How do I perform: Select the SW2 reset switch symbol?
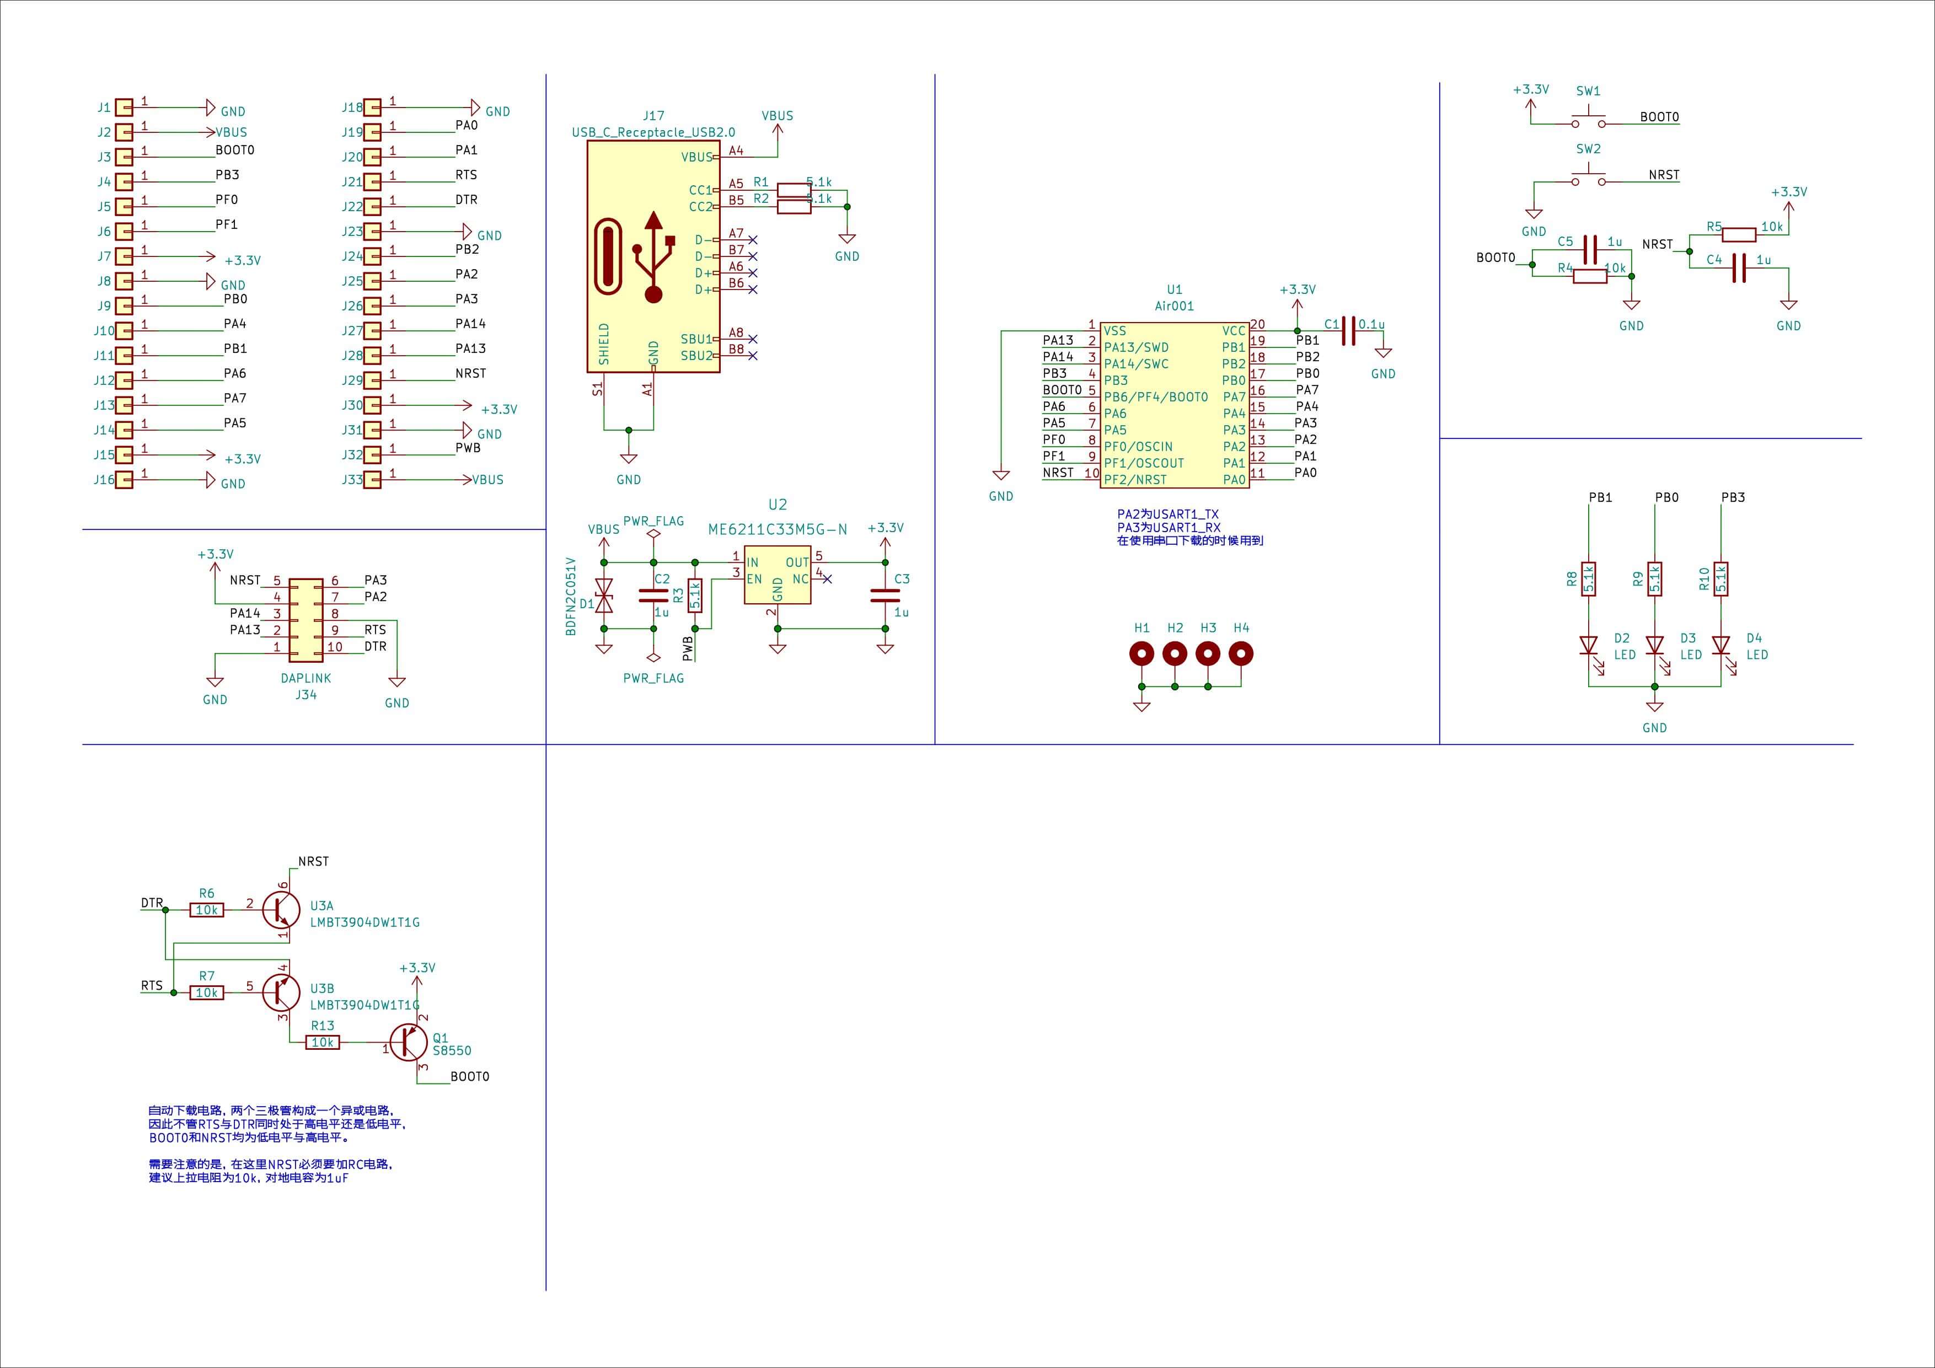coord(1589,179)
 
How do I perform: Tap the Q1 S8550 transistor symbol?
coord(409,1043)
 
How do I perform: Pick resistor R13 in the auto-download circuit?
coord(323,1043)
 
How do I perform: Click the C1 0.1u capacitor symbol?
coord(1348,330)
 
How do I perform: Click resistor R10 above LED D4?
coord(1721,579)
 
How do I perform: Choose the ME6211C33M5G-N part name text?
coord(777,529)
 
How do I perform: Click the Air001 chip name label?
coord(1174,306)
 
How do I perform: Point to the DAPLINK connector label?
coord(306,678)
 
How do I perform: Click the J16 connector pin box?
coord(124,480)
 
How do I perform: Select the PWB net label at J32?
coord(468,448)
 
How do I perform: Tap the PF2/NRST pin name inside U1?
coord(1135,480)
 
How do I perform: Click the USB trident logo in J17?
coord(653,256)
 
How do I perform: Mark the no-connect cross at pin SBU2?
coord(753,356)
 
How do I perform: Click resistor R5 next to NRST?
coord(1739,234)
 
